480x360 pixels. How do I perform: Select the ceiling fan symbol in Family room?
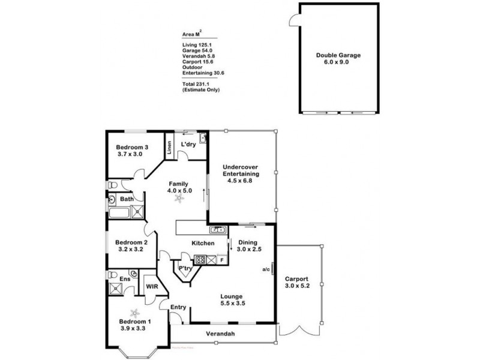[x=178, y=199]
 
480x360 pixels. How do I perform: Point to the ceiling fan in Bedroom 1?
[x=136, y=312]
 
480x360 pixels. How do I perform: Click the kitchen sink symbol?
[x=217, y=229]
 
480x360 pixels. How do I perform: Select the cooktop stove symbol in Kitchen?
[x=201, y=260]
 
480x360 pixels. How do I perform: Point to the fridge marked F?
[x=221, y=260]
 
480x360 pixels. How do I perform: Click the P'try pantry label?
[x=185, y=268]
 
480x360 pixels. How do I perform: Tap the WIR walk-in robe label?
[x=152, y=286]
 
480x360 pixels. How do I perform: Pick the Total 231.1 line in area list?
[x=200, y=85]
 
